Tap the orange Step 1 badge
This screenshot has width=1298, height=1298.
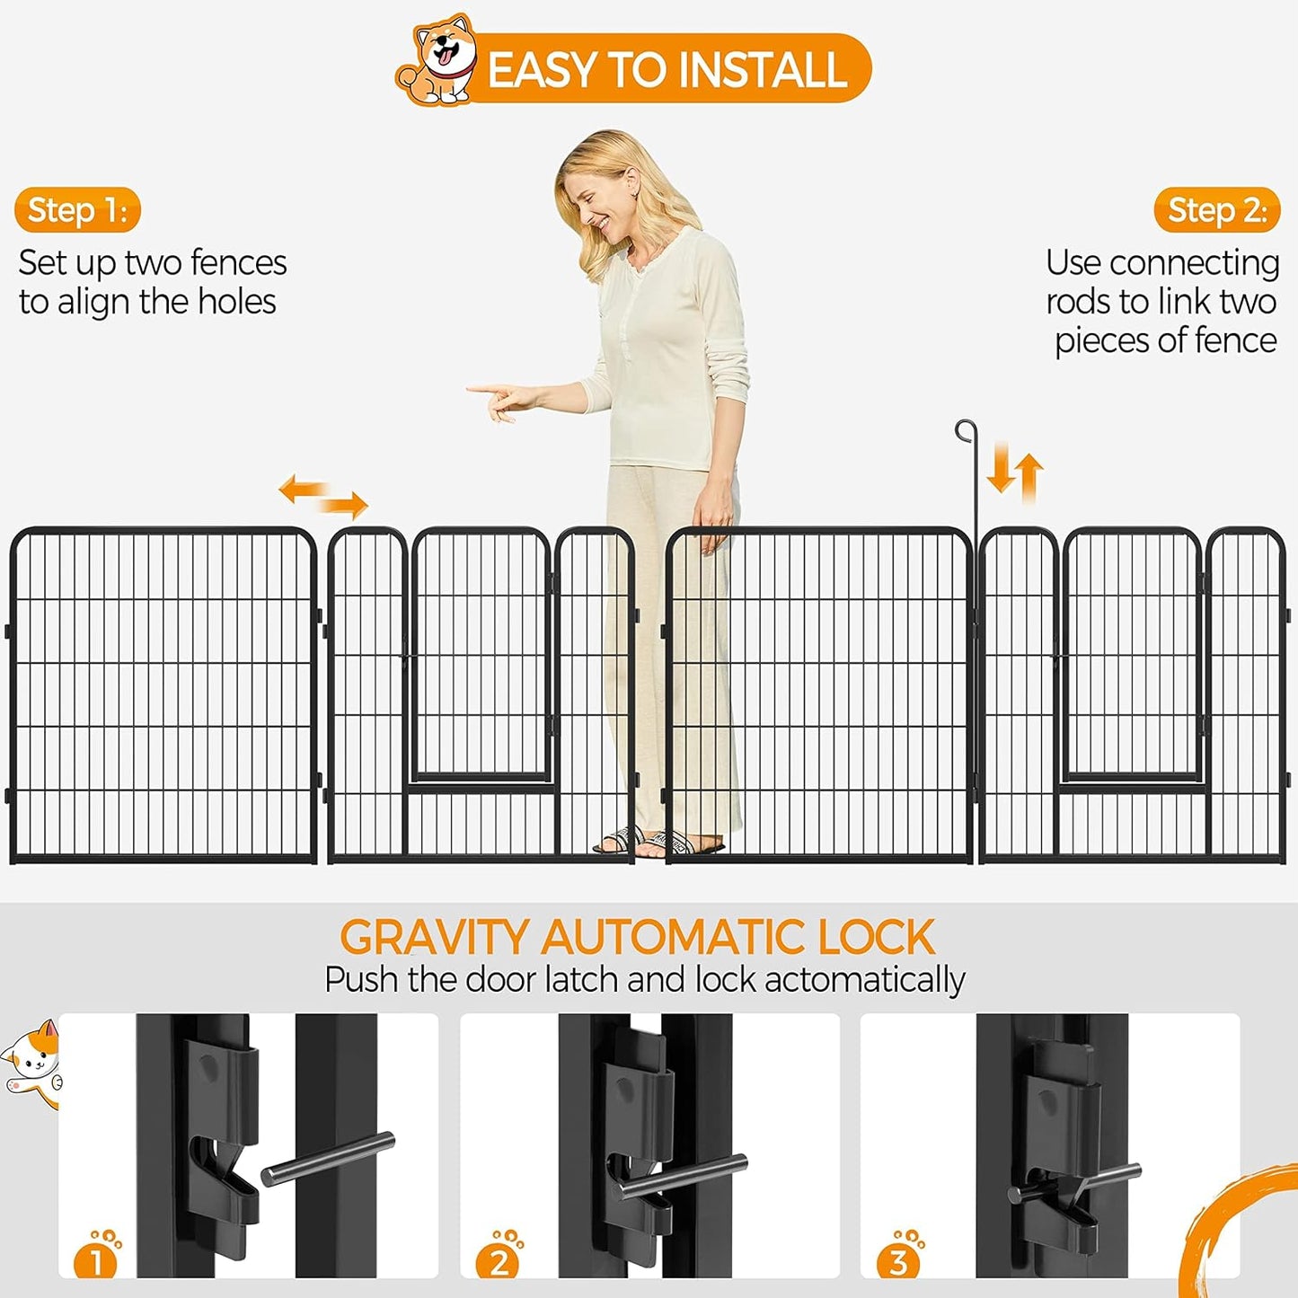coord(77,210)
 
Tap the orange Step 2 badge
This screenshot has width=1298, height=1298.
coord(1216,210)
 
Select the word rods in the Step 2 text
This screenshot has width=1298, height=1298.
coord(1077,302)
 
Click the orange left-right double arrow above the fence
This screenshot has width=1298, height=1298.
coord(323,497)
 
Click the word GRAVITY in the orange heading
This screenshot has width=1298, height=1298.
coord(434,938)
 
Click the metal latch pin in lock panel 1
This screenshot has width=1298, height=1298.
coord(327,1158)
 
